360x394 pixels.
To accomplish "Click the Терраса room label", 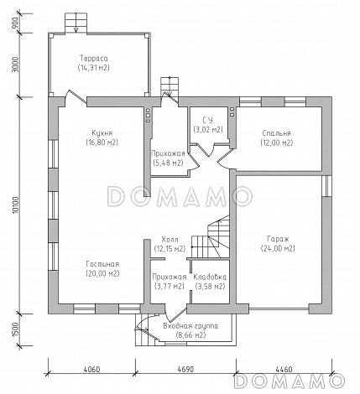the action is [94, 59].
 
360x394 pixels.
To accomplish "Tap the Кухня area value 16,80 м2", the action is [102, 143].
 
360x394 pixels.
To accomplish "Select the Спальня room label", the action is [277, 133].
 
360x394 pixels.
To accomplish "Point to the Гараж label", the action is [278, 239].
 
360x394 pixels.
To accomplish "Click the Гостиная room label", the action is [102, 264].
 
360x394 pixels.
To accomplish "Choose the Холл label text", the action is [170, 240].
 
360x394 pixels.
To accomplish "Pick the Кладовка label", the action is [210, 277].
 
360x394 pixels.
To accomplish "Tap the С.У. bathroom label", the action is [208, 121].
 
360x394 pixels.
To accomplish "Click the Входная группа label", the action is [190, 326].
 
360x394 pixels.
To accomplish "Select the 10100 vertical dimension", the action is [16, 205].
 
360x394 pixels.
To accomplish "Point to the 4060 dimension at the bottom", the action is [91, 369].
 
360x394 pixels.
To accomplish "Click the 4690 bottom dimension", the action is [185, 369].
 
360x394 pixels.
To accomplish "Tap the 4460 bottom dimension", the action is [284, 369].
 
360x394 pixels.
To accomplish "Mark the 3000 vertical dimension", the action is [16, 65].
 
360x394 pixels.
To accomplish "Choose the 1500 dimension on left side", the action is [16, 330].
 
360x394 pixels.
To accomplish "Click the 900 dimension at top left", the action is [16, 23].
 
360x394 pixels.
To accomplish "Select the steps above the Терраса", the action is [76, 23].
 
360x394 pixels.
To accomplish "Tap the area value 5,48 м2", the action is [168, 163].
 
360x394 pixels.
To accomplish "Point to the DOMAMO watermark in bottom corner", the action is [290, 381].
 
